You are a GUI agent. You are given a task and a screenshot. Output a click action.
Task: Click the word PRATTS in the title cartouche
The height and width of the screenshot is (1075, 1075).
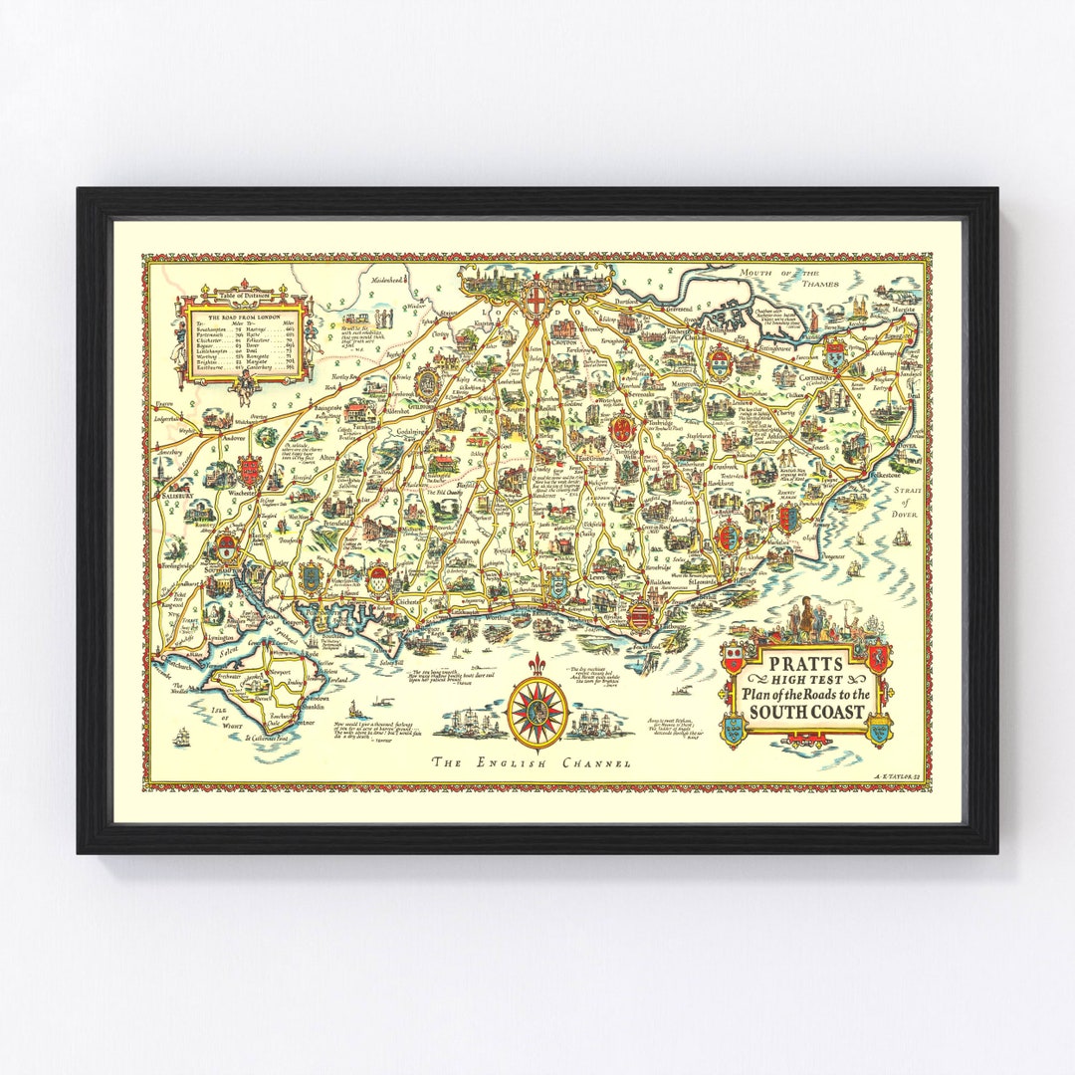[x=805, y=663]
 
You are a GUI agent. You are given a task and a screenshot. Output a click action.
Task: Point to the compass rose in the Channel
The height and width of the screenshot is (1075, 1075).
[x=537, y=710]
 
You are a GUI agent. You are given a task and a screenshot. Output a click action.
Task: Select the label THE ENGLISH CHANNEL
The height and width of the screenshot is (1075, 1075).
[x=531, y=763]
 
